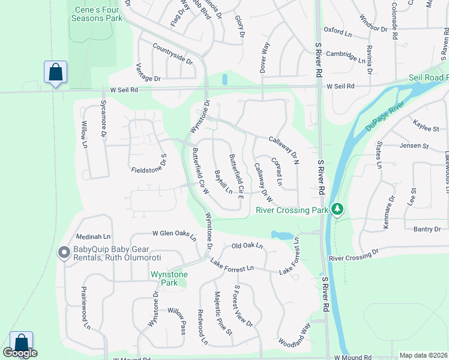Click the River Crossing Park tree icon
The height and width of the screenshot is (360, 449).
(338, 208)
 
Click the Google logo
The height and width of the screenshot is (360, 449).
(20, 353)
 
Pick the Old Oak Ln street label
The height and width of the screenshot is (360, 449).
(247, 246)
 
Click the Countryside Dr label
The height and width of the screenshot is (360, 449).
(173, 53)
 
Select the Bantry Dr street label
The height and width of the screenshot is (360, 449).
(427, 229)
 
